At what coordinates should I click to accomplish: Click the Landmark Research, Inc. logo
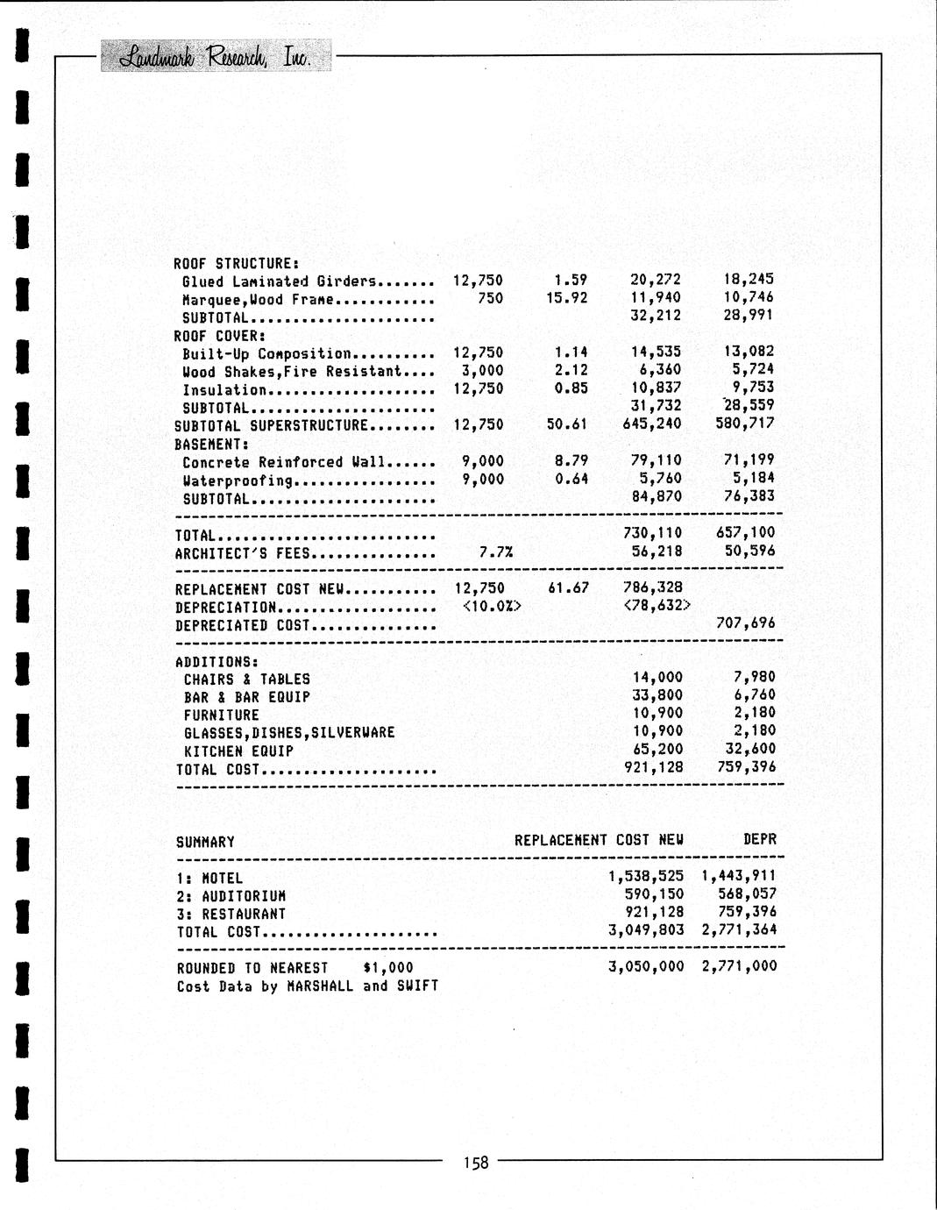[x=216, y=57]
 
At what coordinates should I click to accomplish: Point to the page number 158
[x=476, y=1163]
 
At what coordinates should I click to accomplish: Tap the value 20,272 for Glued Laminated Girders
[x=656, y=281]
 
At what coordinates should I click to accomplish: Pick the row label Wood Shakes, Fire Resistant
[x=292, y=372]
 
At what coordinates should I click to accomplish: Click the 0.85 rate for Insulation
[x=571, y=388]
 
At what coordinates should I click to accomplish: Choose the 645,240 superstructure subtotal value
[x=656, y=424]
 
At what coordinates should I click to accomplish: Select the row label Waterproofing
[x=238, y=480]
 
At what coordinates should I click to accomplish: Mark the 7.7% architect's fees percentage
[x=496, y=552]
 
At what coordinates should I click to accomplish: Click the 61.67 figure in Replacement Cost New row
[x=569, y=588]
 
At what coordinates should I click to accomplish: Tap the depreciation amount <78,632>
[x=657, y=606]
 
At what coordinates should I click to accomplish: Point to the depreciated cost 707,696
[x=746, y=624]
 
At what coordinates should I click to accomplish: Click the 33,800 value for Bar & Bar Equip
[x=657, y=696]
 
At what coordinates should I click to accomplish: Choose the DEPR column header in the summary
[x=759, y=840]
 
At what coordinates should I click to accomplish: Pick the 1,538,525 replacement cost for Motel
[x=646, y=876]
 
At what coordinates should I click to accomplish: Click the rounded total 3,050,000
[x=646, y=967]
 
